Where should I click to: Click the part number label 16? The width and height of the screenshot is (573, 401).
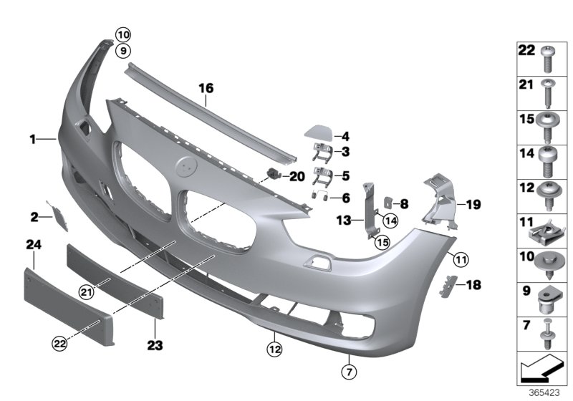[206, 88]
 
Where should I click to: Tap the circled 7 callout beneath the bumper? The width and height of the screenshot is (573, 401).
[347, 371]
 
